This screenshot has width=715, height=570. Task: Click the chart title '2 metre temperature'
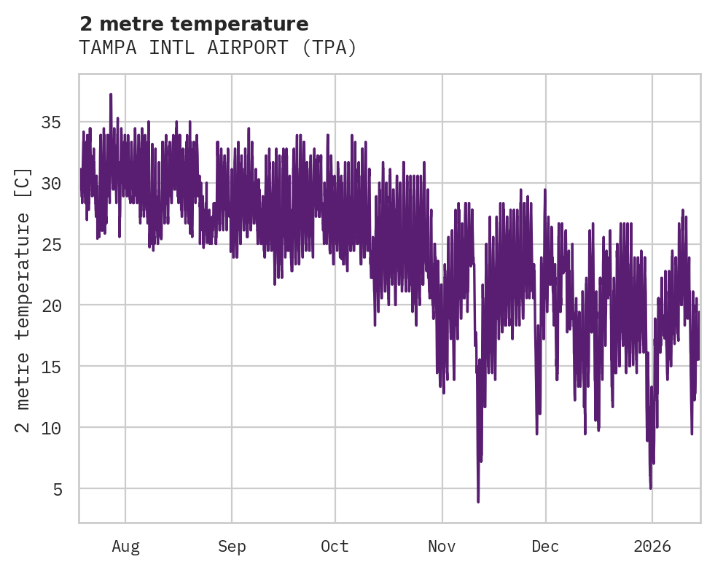tap(194, 24)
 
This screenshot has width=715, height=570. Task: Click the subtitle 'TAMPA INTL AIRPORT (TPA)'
tap(218, 48)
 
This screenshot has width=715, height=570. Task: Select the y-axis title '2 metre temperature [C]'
tap(23, 300)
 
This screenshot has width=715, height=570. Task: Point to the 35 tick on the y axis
tap(50, 122)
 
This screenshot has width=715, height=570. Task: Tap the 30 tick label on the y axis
tap(50, 183)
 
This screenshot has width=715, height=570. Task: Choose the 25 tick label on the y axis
tap(50, 244)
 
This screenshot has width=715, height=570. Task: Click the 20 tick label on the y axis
tap(50, 305)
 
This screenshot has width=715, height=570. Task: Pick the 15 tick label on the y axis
tap(50, 366)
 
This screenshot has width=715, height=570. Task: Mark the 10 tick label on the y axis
tap(50, 427)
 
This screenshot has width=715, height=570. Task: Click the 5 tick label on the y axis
tap(57, 488)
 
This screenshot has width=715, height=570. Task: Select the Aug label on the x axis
tap(125, 547)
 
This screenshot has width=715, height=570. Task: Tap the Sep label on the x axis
tap(232, 547)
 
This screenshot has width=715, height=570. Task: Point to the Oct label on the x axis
tap(335, 547)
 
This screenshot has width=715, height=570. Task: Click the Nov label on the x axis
tap(442, 547)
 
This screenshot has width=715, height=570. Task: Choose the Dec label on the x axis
tap(545, 547)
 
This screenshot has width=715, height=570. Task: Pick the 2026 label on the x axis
tap(652, 547)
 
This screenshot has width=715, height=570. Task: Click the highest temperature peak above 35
tap(111, 95)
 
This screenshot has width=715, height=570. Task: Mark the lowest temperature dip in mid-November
tap(478, 501)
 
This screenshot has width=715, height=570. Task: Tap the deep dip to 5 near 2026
tap(650, 488)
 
